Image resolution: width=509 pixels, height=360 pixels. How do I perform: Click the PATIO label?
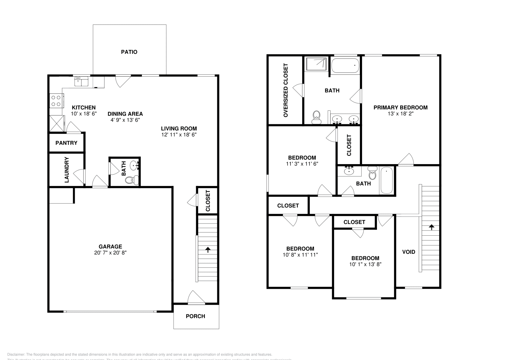pyautogui.click(x=129, y=52)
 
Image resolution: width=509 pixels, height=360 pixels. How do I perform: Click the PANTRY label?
pyautogui.click(x=66, y=143)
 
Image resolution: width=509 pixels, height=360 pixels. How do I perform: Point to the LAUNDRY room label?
pyautogui.click(x=67, y=170)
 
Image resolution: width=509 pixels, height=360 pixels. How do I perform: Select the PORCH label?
pyautogui.click(x=195, y=316)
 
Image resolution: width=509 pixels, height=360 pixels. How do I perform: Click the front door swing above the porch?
pyautogui.click(x=196, y=297)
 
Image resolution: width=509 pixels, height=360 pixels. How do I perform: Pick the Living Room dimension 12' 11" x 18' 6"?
pyautogui.click(x=179, y=135)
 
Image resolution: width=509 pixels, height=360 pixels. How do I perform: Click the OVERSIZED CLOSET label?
pyautogui.click(x=285, y=90)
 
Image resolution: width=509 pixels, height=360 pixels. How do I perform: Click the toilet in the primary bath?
pyautogui.click(x=316, y=117)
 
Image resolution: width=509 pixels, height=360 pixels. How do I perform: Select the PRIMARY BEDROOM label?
pyautogui.click(x=400, y=107)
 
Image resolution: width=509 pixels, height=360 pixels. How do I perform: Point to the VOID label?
pyautogui.click(x=408, y=252)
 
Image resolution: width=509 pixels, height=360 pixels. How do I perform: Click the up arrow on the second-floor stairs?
pyautogui.click(x=431, y=227)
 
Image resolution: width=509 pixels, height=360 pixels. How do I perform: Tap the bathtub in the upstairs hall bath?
pyautogui.click(x=387, y=180)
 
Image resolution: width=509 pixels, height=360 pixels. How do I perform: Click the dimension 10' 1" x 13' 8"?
pyautogui.click(x=365, y=264)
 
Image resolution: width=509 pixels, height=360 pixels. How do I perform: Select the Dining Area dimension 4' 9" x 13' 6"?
pyautogui.click(x=125, y=120)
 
